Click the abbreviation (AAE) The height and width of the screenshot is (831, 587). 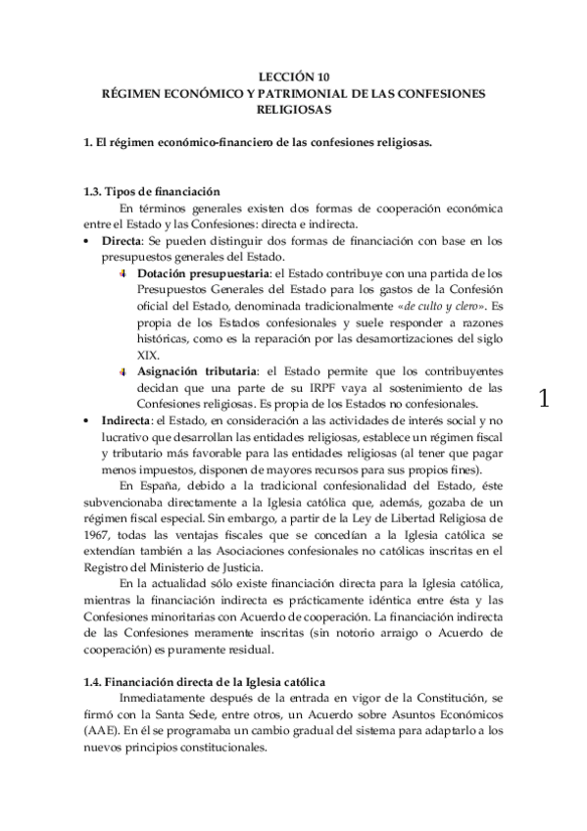(102, 732)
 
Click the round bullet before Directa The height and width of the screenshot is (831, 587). (87, 241)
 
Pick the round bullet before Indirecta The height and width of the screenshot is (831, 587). (87, 419)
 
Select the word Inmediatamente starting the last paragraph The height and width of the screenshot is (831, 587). (170, 699)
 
